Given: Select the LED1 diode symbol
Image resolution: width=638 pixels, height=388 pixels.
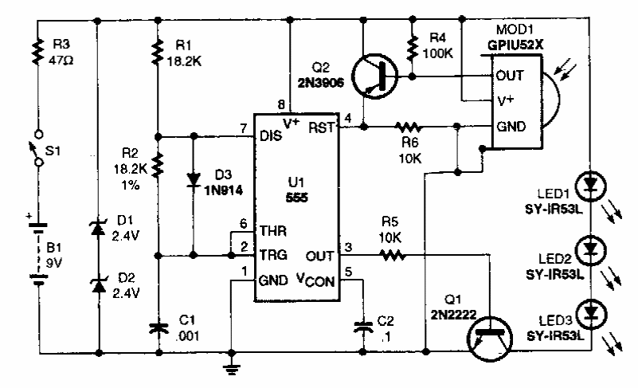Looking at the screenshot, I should (590, 185).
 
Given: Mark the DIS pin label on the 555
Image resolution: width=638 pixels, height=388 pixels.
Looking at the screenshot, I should (270, 135).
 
